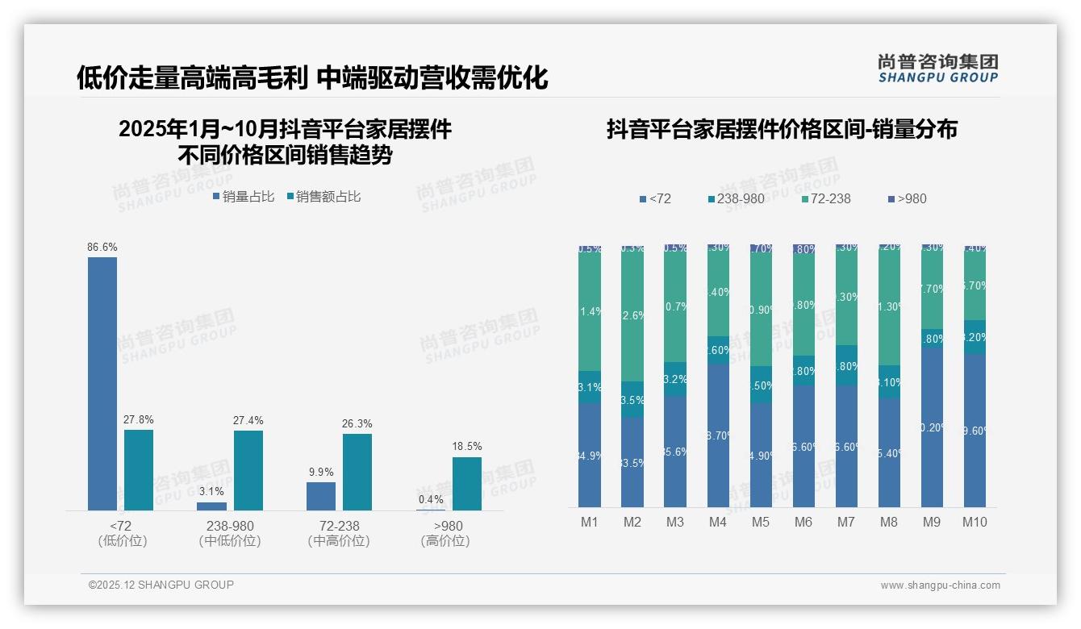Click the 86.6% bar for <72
click(x=102, y=383)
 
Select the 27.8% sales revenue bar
click(x=139, y=469)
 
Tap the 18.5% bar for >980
click(x=466, y=484)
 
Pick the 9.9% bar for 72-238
click(x=321, y=496)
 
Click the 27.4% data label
click(x=248, y=420)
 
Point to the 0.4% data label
click(x=431, y=499)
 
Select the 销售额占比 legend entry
click(x=323, y=196)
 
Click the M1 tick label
click(x=590, y=522)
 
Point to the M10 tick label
click(x=975, y=522)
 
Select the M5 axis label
click(x=761, y=522)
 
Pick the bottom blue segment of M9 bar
click(x=932, y=427)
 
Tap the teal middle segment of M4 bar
click(x=718, y=350)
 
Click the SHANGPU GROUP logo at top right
click(x=938, y=69)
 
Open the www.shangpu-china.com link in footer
click(x=940, y=585)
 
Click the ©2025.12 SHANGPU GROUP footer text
click(x=161, y=585)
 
